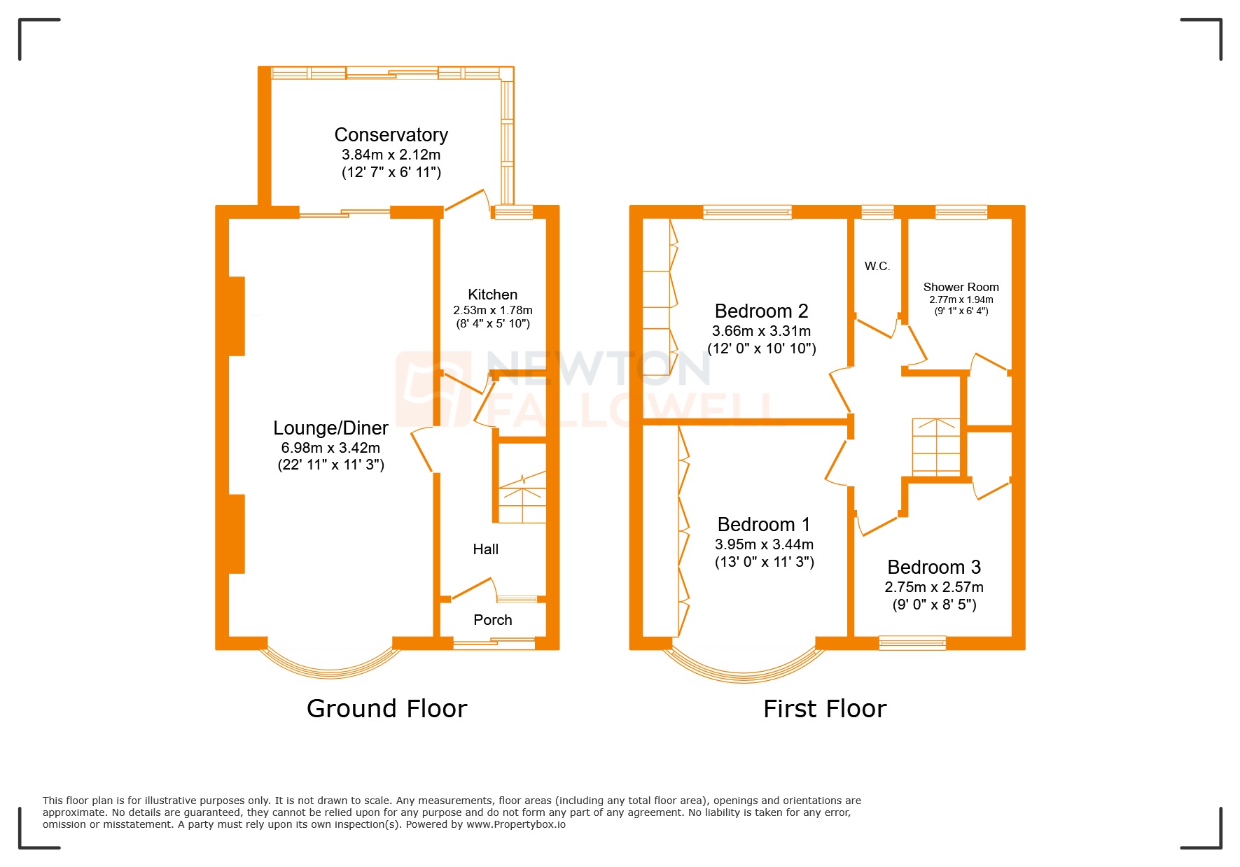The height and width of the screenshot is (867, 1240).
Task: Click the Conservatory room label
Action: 391,134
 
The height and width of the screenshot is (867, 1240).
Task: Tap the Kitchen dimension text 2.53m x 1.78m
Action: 492,310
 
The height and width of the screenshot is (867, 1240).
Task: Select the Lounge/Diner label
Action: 330,428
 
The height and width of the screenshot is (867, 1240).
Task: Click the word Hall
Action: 485,549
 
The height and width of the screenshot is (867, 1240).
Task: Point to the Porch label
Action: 492,620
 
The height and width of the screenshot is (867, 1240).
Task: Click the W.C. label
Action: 877,266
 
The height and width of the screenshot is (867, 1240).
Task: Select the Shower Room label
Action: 961,287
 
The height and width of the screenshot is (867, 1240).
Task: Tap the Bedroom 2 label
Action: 761,311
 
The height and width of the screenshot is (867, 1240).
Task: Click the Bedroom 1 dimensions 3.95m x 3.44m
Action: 764,544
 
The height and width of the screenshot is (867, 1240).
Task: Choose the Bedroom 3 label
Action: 933,567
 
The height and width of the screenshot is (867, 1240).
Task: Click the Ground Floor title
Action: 386,709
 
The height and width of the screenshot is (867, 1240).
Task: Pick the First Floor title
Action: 824,709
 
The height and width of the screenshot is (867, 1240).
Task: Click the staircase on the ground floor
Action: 522,497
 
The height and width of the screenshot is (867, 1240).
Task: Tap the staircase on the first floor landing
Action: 936,447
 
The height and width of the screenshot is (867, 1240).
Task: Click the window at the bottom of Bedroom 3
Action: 912,643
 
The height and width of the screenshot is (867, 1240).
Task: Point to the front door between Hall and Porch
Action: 473,588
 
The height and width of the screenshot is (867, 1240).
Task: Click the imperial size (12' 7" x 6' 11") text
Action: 391,172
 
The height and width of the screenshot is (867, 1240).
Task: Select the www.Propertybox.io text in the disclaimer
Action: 516,824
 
